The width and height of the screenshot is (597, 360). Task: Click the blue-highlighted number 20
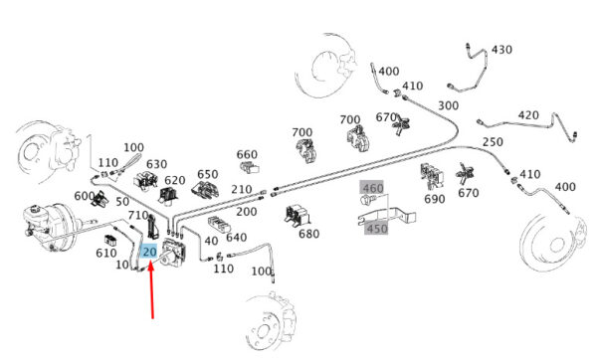click(149, 252)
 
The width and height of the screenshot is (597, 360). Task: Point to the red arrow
click(151, 289)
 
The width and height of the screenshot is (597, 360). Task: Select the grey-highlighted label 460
click(373, 188)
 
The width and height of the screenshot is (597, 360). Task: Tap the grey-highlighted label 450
click(376, 229)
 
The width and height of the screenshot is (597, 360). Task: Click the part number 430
click(501, 50)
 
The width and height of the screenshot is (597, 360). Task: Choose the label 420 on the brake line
click(528, 115)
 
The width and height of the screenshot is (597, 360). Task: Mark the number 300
click(448, 105)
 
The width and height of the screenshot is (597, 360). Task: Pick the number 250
click(493, 142)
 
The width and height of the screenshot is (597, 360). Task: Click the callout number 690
click(435, 199)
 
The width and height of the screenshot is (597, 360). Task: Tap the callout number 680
click(308, 234)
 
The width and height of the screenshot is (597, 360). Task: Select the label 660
click(247, 154)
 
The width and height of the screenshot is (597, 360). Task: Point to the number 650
click(208, 174)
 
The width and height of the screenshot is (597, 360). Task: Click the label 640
click(237, 237)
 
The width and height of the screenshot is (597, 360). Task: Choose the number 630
click(156, 164)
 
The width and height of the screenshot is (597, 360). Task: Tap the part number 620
click(175, 180)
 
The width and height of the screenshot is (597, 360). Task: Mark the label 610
click(105, 253)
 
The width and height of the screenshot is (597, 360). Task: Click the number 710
click(138, 216)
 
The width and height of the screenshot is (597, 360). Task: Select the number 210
click(242, 189)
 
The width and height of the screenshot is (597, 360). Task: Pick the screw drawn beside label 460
click(369, 200)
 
